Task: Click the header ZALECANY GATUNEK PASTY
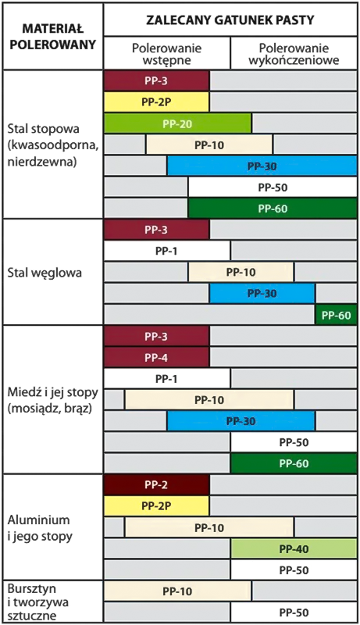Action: (x=230, y=20)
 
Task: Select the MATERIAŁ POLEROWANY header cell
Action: (x=53, y=36)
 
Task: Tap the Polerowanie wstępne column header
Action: (x=167, y=54)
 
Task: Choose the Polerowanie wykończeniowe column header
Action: (x=294, y=54)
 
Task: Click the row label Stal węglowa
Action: (x=45, y=273)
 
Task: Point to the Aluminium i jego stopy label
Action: (x=40, y=528)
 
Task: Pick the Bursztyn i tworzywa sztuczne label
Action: (x=37, y=602)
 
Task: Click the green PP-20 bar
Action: (x=177, y=123)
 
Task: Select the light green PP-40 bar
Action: (x=294, y=549)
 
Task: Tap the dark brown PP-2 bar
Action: (x=156, y=484)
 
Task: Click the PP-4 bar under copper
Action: (x=156, y=358)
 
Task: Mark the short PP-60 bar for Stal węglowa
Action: (x=336, y=315)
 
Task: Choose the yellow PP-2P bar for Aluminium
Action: (x=156, y=505)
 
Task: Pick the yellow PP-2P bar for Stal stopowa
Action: (x=156, y=102)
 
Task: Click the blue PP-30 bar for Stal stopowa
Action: (x=262, y=166)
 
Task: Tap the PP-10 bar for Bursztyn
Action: (x=177, y=591)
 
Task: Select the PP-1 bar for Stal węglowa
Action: (x=167, y=251)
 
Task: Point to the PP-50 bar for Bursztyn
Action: (x=294, y=612)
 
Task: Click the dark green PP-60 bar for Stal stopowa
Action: (x=273, y=209)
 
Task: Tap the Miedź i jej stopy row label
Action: (x=52, y=400)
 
